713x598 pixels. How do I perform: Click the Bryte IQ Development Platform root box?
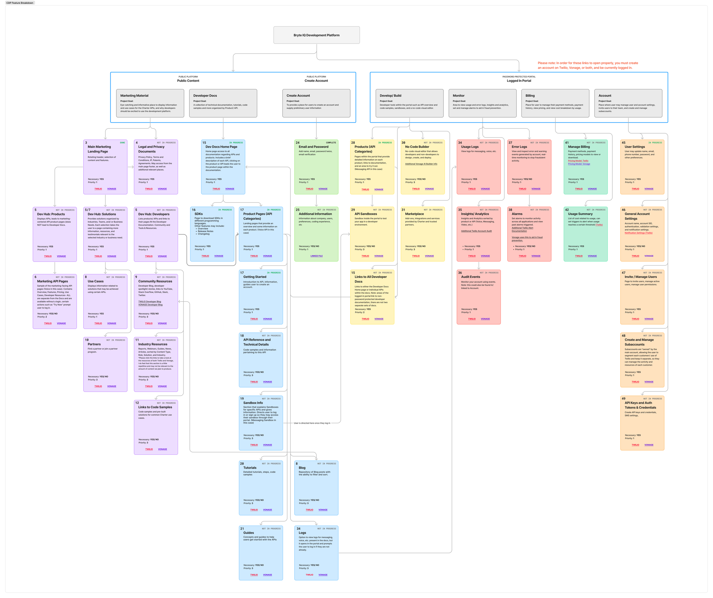point(317,35)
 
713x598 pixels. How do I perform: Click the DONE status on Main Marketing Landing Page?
point(122,143)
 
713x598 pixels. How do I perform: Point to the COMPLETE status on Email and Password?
point(331,143)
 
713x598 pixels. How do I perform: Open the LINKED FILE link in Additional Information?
point(317,256)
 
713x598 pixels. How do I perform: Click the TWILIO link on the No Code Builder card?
point(416,189)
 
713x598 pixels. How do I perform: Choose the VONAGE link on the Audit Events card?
point(485,319)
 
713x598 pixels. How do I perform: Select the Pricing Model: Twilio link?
point(578,161)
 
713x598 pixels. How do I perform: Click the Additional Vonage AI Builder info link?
point(421,164)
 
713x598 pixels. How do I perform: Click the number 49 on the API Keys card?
point(623,399)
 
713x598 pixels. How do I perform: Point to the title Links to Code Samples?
point(155,407)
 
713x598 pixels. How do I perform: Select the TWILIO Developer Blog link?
point(149,302)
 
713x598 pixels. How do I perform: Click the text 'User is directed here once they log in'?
point(312,423)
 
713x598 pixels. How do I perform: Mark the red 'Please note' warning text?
point(588,65)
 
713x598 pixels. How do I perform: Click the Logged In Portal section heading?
point(519,81)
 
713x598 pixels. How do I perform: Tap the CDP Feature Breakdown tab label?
point(20,3)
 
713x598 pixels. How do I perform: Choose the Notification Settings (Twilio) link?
point(638,233)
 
